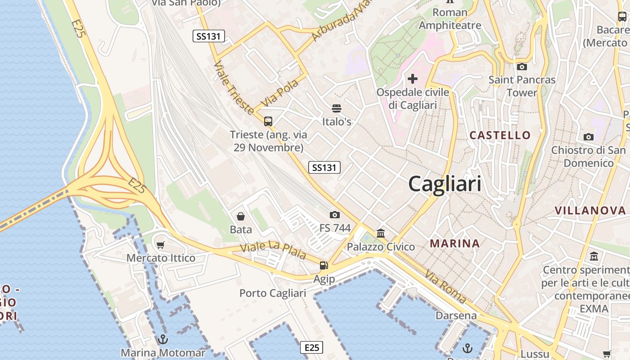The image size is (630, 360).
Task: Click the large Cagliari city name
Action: click(445, 184)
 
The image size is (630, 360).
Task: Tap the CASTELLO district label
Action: click(500, 135)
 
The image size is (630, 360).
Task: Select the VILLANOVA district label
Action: click(590, 210)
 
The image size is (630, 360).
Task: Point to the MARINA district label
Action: click(454, 243)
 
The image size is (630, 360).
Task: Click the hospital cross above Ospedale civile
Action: click(412, 79)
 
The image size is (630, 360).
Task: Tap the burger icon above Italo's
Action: click(337, 108)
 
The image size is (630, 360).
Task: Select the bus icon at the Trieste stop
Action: click(268, 121)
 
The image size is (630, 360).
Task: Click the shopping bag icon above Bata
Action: click(241, 216)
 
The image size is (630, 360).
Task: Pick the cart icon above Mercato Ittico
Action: click(160, 245)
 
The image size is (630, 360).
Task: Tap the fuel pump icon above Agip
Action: click(324, 265)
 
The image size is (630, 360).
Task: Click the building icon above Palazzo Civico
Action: click(381, 233)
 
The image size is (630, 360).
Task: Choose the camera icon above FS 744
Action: click(334, 215)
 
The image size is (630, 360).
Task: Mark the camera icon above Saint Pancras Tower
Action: click(522, 67)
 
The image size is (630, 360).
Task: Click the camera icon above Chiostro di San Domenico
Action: click(588, 137)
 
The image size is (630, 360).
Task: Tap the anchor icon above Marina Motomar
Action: click(162, 339)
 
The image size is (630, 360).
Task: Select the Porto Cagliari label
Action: click(273, 293)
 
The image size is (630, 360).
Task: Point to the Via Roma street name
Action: click(445, 287)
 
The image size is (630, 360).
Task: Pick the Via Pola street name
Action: click(279, 93)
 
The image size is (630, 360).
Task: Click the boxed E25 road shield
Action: click(311, 347)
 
